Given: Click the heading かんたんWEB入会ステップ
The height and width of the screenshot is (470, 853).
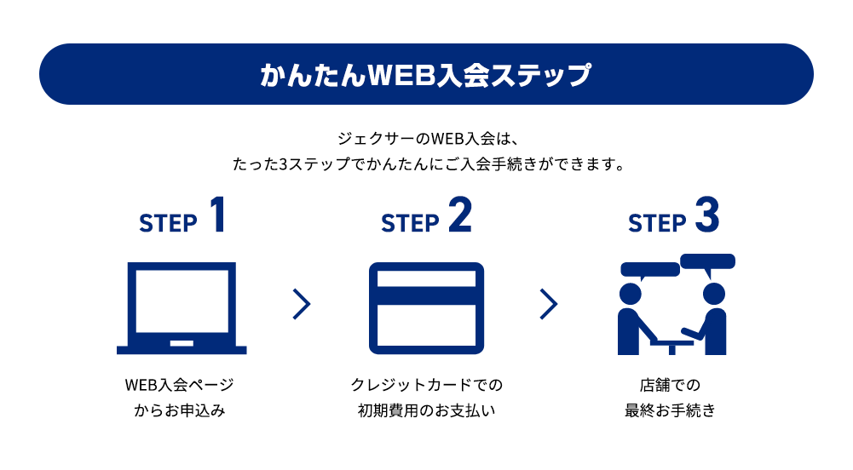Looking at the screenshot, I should pos(425,75).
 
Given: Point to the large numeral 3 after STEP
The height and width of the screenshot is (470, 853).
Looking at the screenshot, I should pos(706,215).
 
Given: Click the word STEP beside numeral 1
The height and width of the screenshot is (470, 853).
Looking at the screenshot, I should pos(168,223).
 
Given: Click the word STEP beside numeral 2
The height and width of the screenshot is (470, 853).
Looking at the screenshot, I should pos(410,223).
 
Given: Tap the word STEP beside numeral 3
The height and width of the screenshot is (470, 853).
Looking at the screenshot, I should pos(657,223).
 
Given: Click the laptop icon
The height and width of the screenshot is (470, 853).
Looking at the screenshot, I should pos(182,307).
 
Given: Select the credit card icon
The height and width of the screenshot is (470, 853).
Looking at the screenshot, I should pos(426,307).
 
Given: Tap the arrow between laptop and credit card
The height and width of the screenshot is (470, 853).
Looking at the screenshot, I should pos(301,304).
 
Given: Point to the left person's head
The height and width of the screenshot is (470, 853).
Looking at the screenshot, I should pos(630,293).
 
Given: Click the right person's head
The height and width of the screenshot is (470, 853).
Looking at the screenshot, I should pos(713,293).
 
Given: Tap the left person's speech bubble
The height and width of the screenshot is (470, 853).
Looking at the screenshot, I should pos(649,271).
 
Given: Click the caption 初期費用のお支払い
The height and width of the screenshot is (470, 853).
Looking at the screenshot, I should pos(426,410).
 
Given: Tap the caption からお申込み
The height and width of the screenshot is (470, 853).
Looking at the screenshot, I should pos(180,410).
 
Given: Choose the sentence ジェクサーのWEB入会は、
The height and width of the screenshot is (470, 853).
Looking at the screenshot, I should pos(425,137).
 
